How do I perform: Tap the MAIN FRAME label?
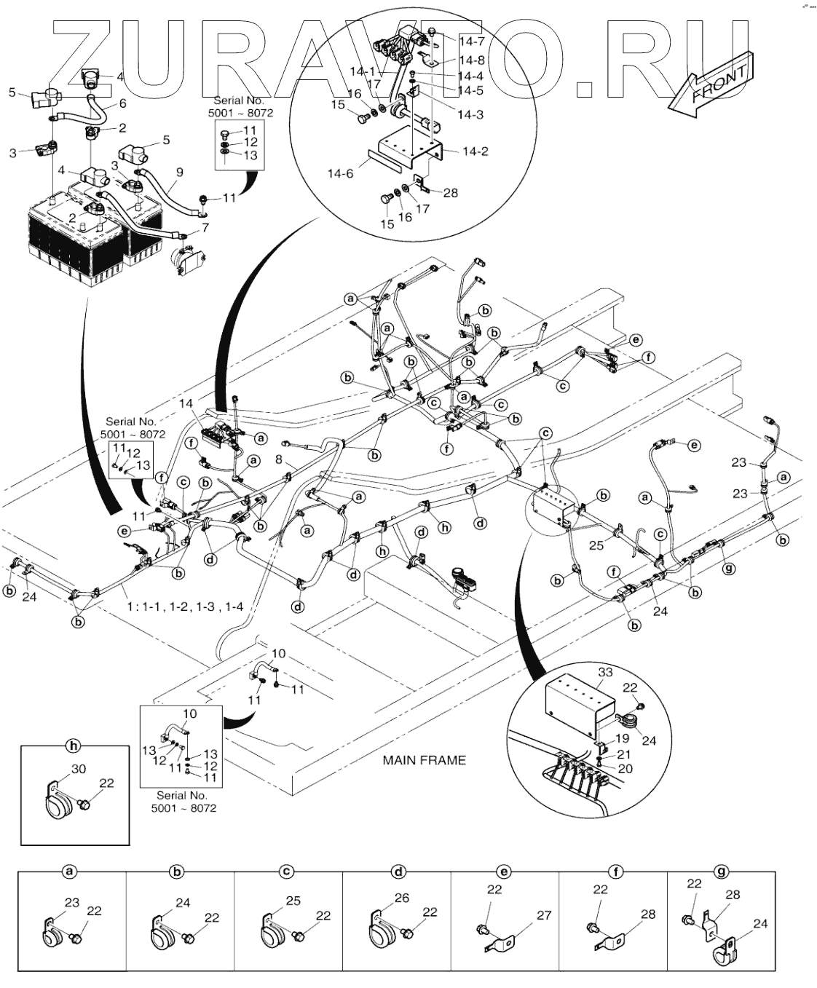[424, 760]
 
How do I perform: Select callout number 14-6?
[340, 174]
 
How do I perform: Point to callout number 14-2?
[475, 151]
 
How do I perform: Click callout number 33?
[605, 672]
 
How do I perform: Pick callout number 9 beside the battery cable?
[179, 173]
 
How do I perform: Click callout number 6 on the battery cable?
[122, 103]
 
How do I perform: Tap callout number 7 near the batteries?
[205, 228]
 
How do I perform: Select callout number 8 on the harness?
[279, 459]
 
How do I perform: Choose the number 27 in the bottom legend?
[544, 915]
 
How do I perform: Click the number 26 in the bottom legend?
[401, 898]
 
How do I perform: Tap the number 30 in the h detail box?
[79, 769]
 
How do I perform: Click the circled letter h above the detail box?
[73, 746]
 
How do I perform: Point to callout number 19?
[623, 738]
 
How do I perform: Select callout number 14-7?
[472, 42]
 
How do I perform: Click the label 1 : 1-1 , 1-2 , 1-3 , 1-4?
[185, 606]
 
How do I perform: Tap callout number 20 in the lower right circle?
[625, 768]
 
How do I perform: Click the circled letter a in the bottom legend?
[70, 871]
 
